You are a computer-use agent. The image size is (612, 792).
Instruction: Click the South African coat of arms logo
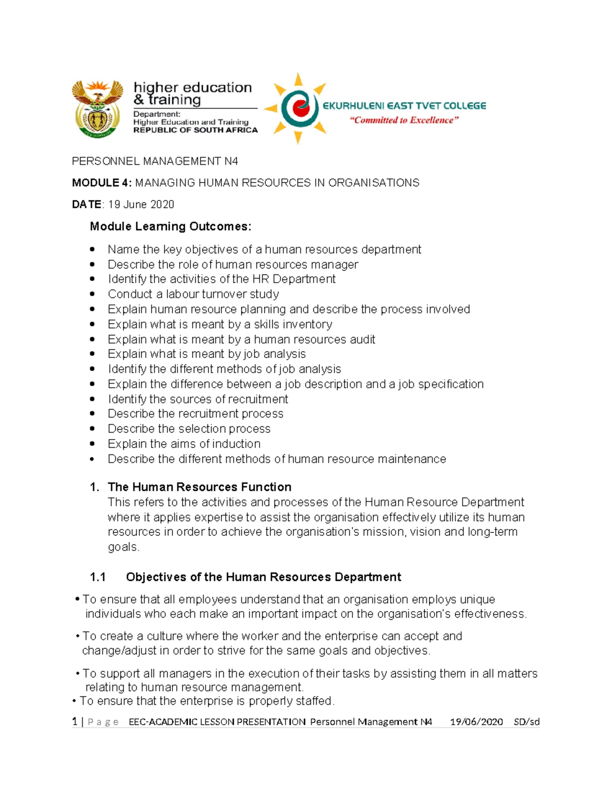[x=97, y=109]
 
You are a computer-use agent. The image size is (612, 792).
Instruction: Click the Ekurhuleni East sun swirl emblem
[x=298, y=109]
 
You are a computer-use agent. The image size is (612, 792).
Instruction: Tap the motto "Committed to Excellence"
[x=404, y=120]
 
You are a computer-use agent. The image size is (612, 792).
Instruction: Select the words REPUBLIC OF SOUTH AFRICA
[x=195, y=130]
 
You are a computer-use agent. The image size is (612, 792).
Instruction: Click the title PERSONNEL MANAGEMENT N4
[x=155, y=161]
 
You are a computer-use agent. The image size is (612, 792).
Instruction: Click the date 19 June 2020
[x=141, y=205]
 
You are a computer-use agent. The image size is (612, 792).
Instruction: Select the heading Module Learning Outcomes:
[x=170, y=226]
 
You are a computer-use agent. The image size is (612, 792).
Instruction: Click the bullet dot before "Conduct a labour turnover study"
[x=92, y=294]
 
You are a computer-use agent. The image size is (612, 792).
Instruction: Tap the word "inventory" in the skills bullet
[x=307, y=324]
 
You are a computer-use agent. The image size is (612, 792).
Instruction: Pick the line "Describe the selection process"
[x=189, y=429]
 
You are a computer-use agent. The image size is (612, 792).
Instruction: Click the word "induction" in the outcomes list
[x=236, y=444]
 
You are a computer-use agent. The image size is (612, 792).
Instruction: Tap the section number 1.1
[x=97, y=577]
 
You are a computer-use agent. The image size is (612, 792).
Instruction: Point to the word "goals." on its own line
[x=123, y=547]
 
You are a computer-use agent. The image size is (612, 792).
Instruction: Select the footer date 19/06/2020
[x=476, y=722]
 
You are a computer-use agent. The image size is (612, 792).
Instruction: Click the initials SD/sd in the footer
[x=526, y=722]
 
